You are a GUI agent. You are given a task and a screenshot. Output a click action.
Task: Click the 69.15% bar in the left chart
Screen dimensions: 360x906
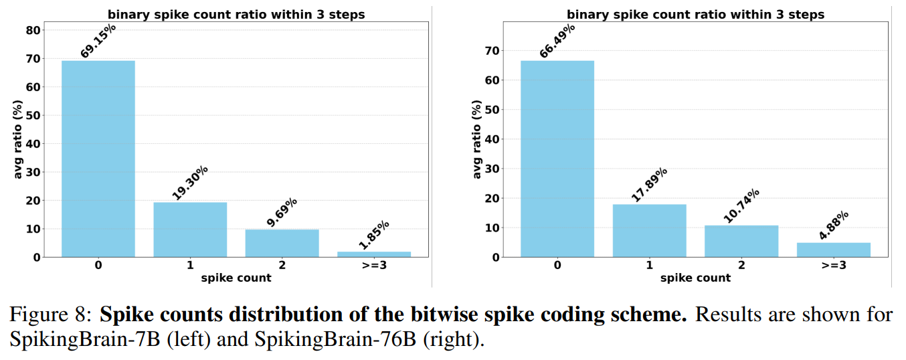pos(98,159)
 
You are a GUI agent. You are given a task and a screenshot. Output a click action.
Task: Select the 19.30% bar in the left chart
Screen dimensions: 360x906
pos(190,230)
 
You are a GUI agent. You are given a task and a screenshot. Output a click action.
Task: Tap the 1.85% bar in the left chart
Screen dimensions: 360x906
pos(373,254)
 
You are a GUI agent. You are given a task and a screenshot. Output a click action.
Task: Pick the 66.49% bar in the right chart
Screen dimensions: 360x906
pos(557,159)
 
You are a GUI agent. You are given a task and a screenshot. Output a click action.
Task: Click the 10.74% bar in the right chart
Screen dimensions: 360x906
pos(741,241)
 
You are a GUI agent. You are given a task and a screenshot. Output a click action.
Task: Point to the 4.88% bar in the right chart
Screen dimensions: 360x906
pos(833,250)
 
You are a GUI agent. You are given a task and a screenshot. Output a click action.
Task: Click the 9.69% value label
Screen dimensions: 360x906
pos(282,212)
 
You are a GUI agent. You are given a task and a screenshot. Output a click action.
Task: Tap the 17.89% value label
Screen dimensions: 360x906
pos(649,185)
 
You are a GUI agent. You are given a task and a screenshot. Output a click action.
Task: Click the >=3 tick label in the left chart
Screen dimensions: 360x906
pos(374,266)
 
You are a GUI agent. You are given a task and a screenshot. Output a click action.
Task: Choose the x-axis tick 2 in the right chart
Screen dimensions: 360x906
pos(741,266)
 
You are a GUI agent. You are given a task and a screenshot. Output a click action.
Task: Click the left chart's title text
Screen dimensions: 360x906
pos(237,14)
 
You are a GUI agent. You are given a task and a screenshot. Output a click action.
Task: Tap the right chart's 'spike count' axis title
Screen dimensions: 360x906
pos(696,278)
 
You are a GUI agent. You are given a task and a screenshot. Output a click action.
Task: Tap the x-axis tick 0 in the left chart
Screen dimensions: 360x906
pos(98,266)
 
